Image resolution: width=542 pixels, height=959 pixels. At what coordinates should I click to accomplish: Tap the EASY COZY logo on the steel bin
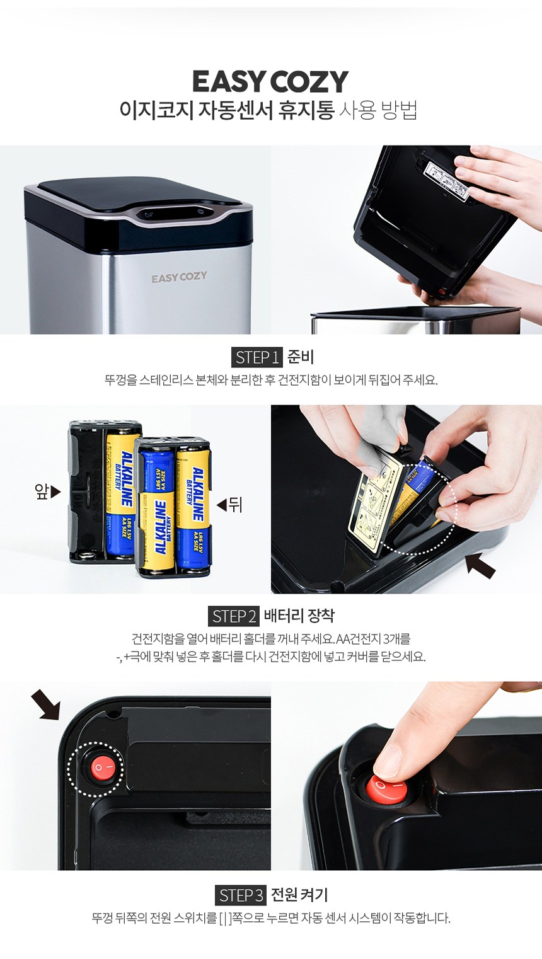pos(179,277)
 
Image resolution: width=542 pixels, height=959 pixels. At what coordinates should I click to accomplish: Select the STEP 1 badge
pos(257,357)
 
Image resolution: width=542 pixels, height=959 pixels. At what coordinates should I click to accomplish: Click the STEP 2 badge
pos(233,616)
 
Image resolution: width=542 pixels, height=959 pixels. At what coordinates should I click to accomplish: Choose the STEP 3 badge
pos(241,895)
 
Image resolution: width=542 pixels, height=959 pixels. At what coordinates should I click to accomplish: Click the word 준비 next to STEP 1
pos(301,357)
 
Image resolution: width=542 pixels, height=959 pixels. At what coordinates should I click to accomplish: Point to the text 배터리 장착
pos(299,616)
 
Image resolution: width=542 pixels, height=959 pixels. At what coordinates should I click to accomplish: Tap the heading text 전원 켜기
pos(299,895)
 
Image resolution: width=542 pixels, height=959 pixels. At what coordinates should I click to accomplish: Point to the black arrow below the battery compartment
pos(480,564)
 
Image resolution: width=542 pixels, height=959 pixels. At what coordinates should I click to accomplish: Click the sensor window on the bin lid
pos(175,214)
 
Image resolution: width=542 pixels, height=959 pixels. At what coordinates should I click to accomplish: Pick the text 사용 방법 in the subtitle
pos(378,110)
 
